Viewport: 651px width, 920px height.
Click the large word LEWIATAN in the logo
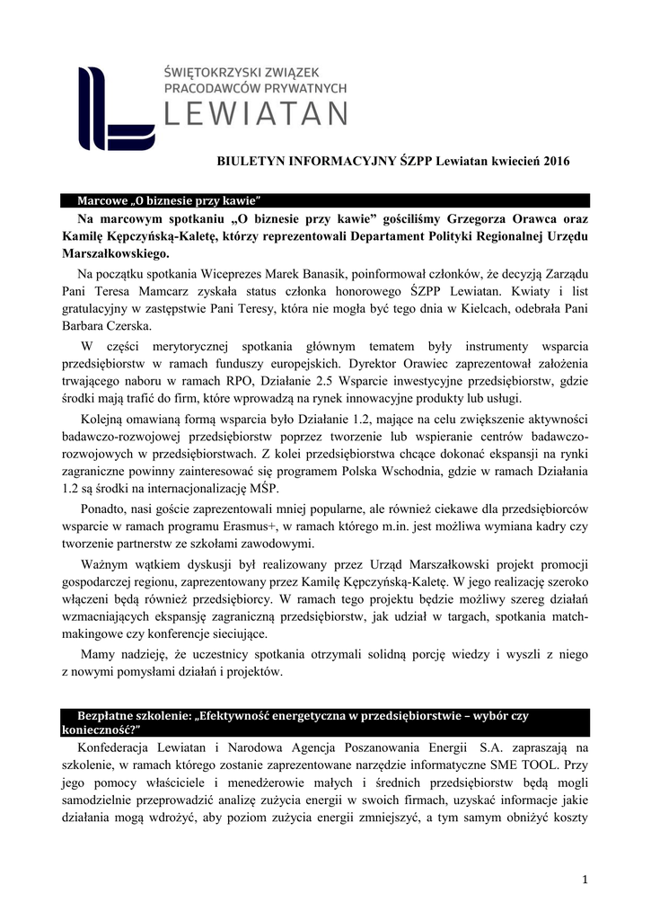click(257, 114)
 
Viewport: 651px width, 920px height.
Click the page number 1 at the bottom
click(584, 878)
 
